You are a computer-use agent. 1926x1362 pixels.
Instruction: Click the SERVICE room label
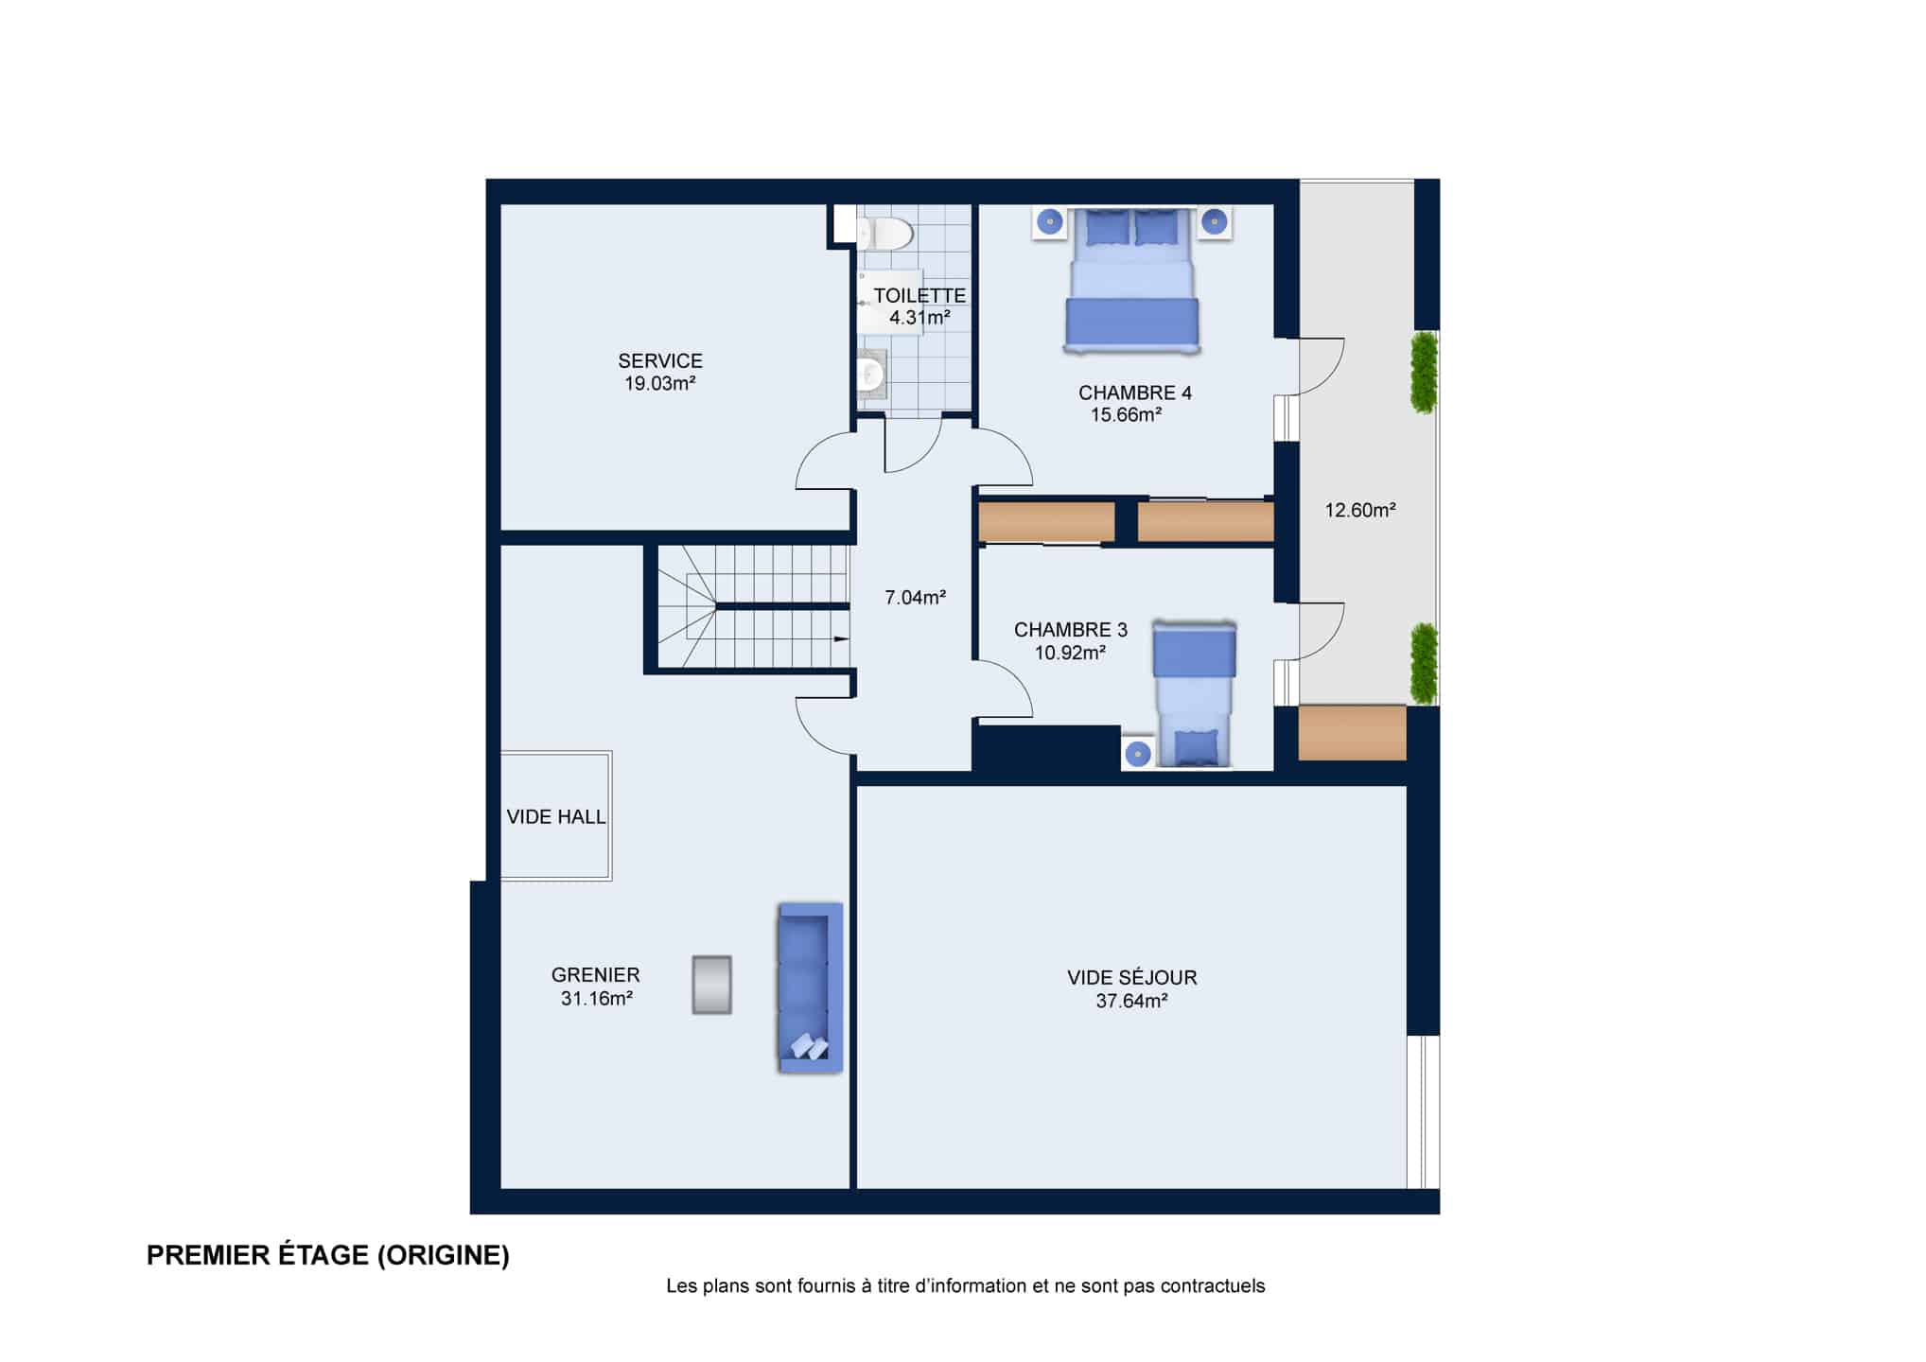tap(660, 361)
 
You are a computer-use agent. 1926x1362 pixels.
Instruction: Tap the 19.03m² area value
tap(660, 383)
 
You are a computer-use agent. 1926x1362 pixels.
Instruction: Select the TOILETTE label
tap(919, 296)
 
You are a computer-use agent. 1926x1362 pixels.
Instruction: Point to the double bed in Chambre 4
tap(1132, 280)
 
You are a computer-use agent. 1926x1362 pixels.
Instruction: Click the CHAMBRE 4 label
tap(1135, 393)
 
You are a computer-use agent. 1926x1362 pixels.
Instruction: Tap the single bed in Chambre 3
tap(1194, 693)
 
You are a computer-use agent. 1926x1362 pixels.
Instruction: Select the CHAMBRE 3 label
tap(1071, 630)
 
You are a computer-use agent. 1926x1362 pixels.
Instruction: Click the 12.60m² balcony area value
tap(1360, 511)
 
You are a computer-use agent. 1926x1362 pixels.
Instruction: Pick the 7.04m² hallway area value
tap(916, 598)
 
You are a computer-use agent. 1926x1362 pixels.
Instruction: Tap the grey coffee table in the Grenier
tap(711, 985)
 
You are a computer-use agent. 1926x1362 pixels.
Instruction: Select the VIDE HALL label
tap(556, 817)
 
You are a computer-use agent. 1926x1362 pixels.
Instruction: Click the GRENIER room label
tap(596, 975)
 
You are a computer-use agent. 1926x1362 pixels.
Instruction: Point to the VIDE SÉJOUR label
tap(1132, 978)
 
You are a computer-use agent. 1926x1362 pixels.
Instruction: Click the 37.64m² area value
tap(1132, 1001)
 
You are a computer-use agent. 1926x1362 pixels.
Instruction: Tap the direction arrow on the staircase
tap(840, 639)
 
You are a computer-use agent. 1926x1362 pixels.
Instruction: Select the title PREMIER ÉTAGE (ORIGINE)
tap(328, 1255)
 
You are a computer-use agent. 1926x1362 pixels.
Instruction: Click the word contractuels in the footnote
tap(1213, 1286)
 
